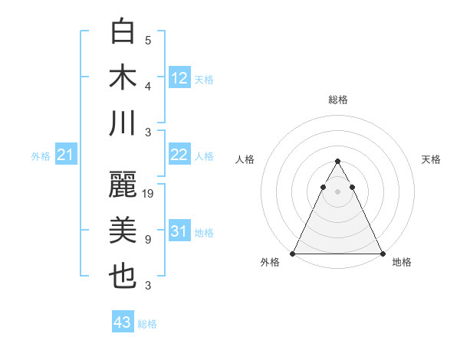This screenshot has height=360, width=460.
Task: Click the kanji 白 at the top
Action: pyautogui.click(x=123, y=31)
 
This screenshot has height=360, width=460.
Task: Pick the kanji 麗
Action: pyautogui.click(x=123, y=185)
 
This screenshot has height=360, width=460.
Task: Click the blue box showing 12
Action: pyautogui.click(x=179, y=78)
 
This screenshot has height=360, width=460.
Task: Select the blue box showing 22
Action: pyautogui.click(x=179, y=155)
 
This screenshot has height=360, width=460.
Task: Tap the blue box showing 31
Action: pyautogui.click(x=179, y=231)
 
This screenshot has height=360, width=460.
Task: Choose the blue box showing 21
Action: pyautogui.click(x=66, y=155)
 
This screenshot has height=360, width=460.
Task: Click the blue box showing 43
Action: pyautogui.click(x=123, y=322)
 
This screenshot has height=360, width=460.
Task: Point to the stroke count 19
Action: pyautogui.click(x=149, y=194)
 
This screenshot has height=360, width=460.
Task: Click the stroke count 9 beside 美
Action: pyautogui.click(x=148, y=240)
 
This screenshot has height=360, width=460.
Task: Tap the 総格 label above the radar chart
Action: pyautogui.click(x=338, y=100)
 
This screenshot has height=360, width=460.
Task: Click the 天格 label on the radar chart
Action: pyautogui.click(x=431, y=159)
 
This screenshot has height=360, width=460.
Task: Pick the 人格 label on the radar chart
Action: pyautogui.click(x=245, y=159)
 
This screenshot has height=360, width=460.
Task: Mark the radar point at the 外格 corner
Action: pyautogui.click(x=294, y=253)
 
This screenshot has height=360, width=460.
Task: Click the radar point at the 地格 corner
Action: pyautogui.click(x=382, y=253)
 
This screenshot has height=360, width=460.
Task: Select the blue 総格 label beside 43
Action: pyautogui.click(x=147, y=324)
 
